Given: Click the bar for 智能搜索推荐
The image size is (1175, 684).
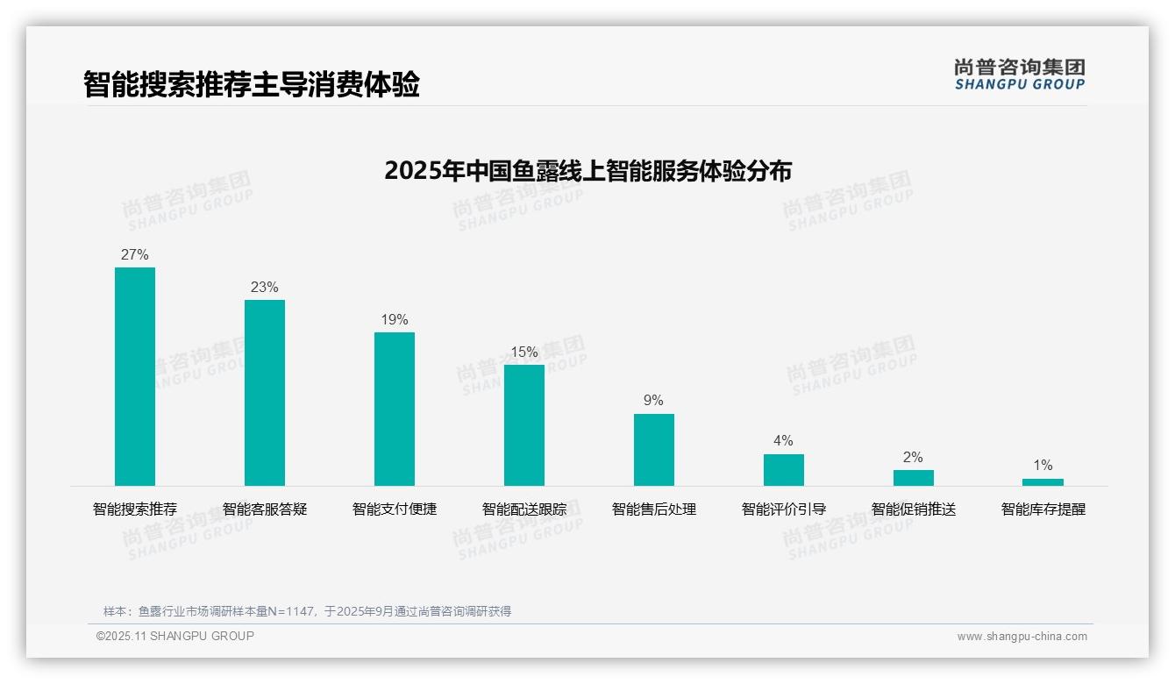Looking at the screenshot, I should (x=135, y=376).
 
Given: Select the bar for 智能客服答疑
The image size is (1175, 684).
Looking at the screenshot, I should (x=265, y=393).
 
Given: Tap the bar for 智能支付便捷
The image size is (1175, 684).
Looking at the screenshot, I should (x=395, y=409).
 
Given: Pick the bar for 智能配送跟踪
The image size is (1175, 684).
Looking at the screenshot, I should (x=524, y=425).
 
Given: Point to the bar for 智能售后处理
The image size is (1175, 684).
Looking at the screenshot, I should (x=654, y=450).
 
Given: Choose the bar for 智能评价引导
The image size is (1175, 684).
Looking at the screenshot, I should (x=784, y=470).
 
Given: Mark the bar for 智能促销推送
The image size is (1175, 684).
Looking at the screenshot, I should (x=914, y=478).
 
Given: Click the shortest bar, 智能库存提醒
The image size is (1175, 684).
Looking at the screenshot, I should (x=1043, y=482).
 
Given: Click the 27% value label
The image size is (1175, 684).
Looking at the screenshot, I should (x=135, y=255).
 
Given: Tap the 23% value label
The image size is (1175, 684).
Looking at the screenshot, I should (x=265, y=288).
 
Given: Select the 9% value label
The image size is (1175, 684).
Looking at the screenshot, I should (x=654, y=401).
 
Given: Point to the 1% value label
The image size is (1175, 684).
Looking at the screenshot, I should (x=1043, y=466).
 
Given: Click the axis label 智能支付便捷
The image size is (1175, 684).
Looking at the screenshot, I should (x=395, y=509).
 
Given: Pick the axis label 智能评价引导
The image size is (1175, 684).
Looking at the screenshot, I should (x=784, y=509).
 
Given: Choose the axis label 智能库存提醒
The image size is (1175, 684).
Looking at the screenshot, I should (x=1043, y=509).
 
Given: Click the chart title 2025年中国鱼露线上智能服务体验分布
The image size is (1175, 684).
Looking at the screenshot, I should (x=587, y=171).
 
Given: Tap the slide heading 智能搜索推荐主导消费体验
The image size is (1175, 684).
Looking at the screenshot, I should (x=252, y=85).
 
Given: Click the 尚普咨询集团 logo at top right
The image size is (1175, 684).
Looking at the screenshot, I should (x=1020, y=75).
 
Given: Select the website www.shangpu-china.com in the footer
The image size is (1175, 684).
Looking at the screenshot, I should (x=1022, y=637).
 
